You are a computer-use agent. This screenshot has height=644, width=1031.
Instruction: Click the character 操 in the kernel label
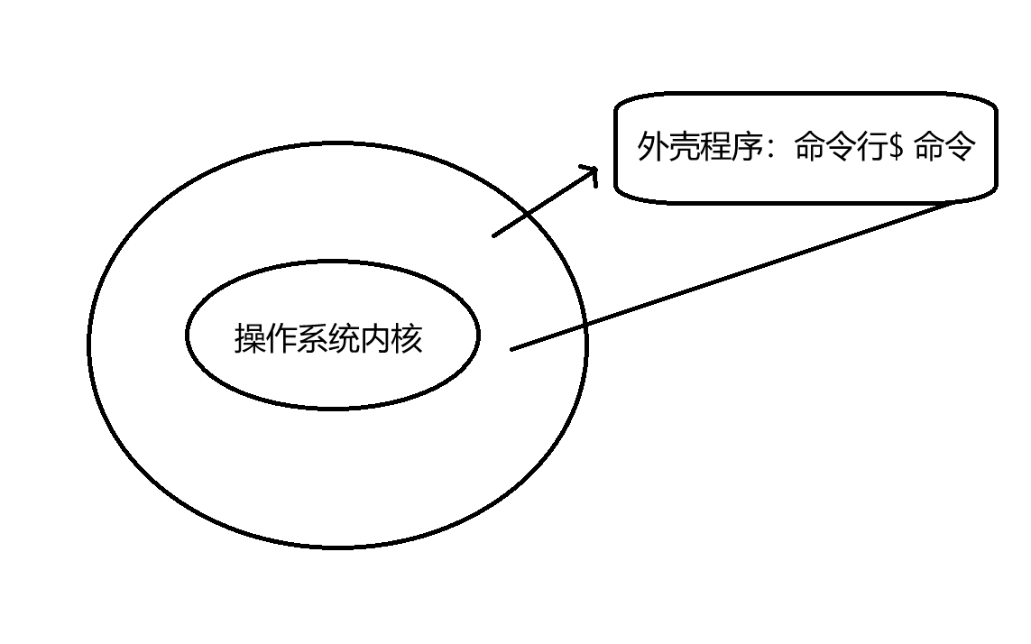(250, 339)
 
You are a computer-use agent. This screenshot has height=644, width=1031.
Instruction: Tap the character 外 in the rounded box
(653, 147)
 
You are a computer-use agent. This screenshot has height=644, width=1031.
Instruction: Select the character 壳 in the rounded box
(685, 147)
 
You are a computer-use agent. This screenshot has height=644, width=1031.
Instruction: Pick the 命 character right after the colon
(810, 147)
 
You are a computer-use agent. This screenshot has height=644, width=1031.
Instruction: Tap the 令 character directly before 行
(842, 147)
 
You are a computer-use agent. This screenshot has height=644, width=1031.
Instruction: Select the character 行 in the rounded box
(873, 147)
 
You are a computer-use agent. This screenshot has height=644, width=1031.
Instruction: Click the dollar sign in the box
(897, 148)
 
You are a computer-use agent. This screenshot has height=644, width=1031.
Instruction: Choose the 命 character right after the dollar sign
(930, 147)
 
